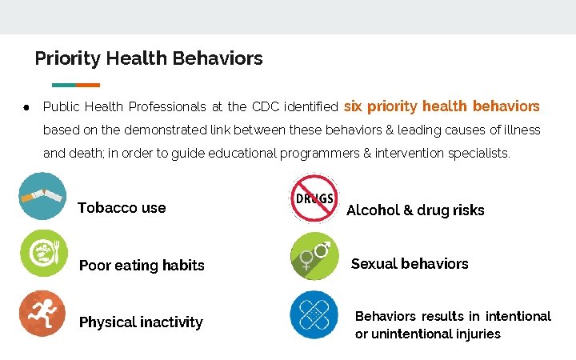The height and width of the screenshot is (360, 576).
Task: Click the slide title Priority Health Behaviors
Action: (x=149, y=58)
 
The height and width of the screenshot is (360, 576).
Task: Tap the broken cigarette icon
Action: (x=43, y=196)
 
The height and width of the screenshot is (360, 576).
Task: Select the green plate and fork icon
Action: (x=43, y=253)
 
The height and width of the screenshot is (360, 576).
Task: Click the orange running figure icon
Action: (x=42, y=313)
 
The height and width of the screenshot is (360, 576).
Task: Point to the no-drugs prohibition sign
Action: (x=314, y=198)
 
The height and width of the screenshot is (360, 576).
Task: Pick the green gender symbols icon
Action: (x=314, y=255)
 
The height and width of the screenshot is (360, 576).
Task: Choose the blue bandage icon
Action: (x=314, y=314)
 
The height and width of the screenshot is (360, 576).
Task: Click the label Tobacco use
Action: (x=122, y=208)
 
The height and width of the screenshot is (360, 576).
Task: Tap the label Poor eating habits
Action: (x=142, y=266)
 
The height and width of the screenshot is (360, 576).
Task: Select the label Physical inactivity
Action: (x=141, y=322)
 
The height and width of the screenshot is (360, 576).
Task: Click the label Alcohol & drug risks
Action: (x=415, y=210)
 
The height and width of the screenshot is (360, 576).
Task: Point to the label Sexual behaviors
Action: (x=410, y=264)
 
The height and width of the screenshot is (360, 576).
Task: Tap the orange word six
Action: (x=353, y=106)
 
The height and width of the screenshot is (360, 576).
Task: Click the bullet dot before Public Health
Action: (x=26, y=106)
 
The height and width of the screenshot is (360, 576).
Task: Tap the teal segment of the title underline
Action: (x=63, y=85)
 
